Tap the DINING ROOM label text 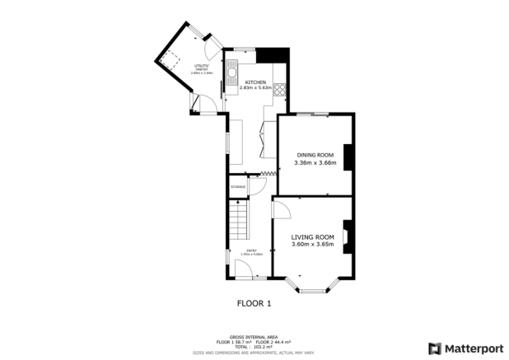click(x=315, y=155)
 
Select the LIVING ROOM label click(x=312, y=236)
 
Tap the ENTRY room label click(x=251, y=250)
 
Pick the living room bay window click(x=312, y=287)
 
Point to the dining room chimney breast click(x=348, y=157)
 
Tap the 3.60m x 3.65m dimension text click(x=312, y=245)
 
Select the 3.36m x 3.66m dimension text click(x=315, y=163)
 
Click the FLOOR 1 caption click(x=254, y=303)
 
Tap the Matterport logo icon click(x=434, y=348)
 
